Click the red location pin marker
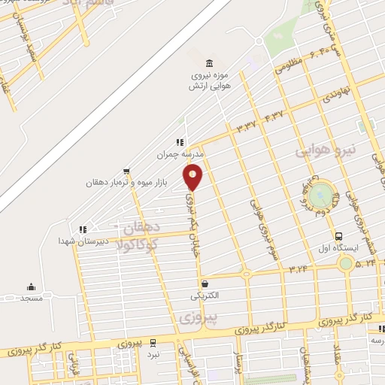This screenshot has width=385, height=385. pyautogui.click(x=193, y=177)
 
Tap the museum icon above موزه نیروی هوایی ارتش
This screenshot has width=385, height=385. pyautogui.click(x=209, y=62)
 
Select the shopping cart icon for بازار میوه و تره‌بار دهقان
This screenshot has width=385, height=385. pyautogui.click(x=126, y=171)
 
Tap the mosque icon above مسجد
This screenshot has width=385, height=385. pyautogui.click(x=31, y=286)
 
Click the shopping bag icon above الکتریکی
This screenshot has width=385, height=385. pyautogui.click(x=204, y=284)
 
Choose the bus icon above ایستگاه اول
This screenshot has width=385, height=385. pyautogui.click(x=338, y=235)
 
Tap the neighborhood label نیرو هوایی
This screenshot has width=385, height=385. pyautogui.click(x=324, y=151)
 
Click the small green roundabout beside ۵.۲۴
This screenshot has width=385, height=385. pyautogui.click(x=346, y=263)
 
